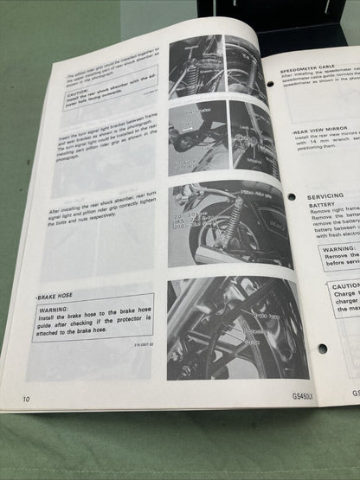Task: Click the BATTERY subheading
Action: click(x=324, y=208)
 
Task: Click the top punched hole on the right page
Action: click(x=270, y=84)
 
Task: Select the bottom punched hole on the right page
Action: click(x=321, y=349)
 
